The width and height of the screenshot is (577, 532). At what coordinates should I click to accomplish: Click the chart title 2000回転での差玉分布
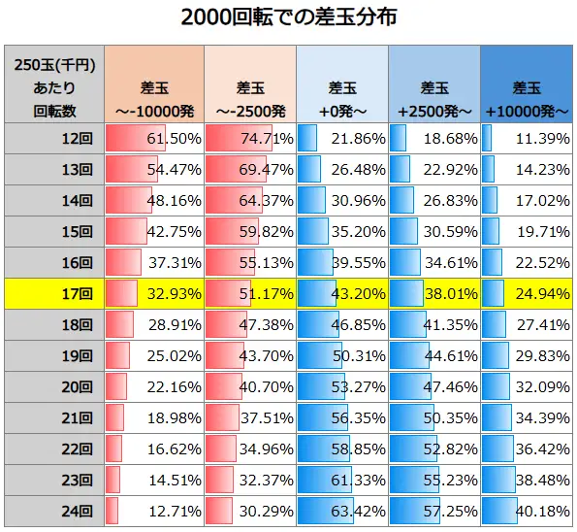(x=288, y=18)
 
